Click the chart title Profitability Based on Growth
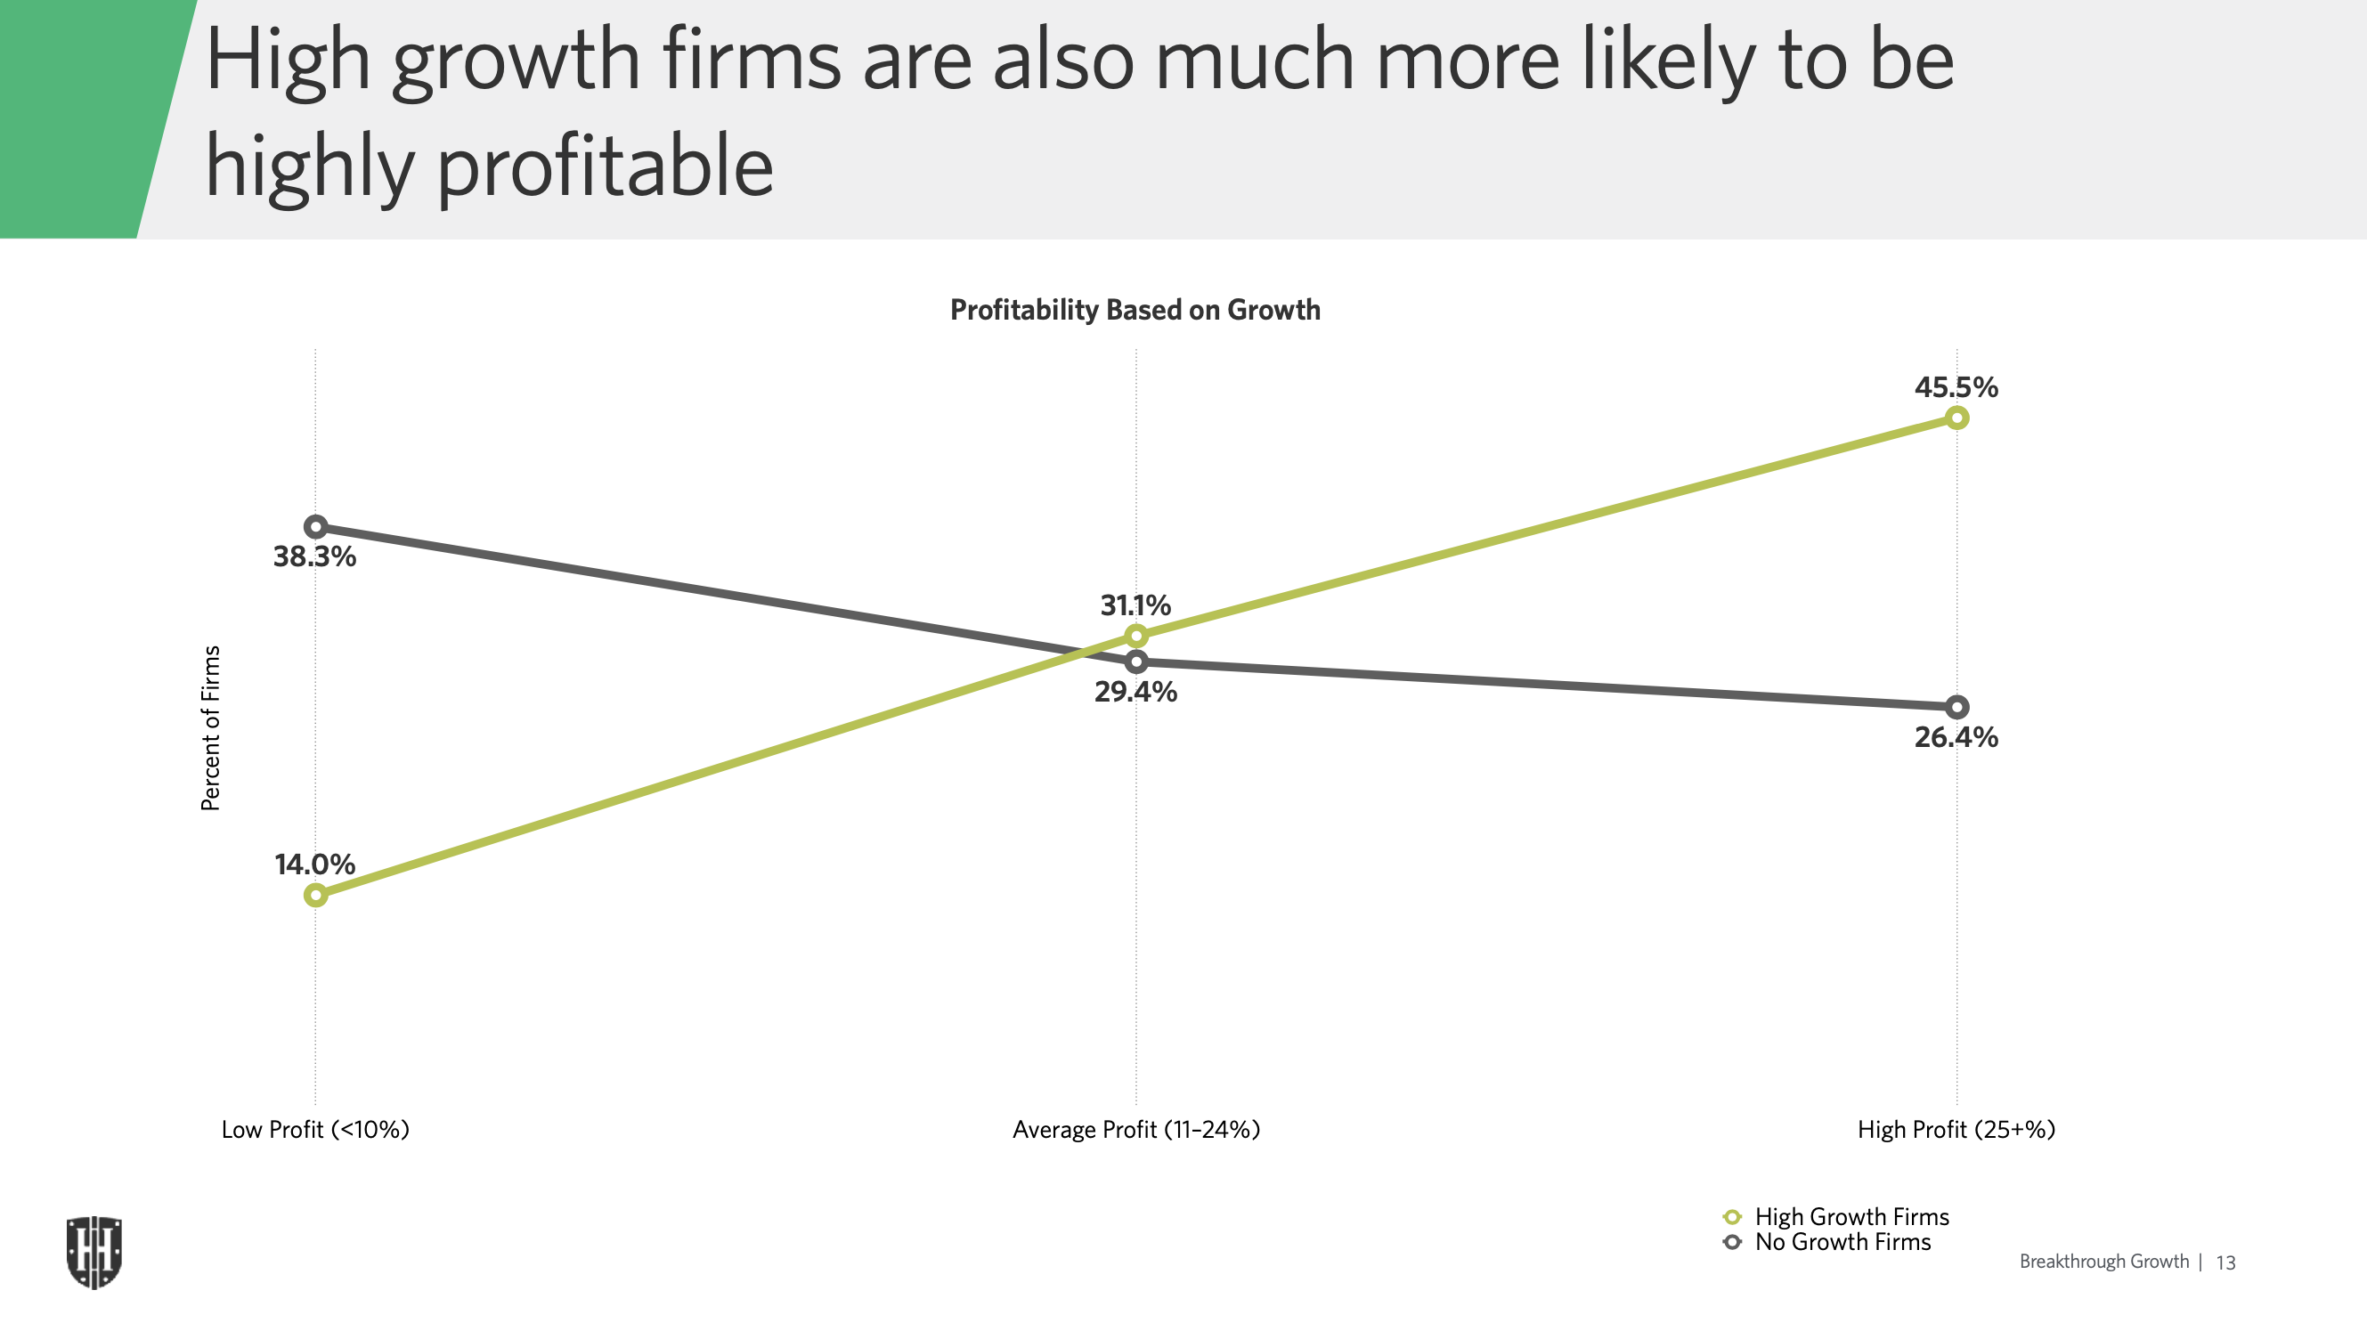1135,310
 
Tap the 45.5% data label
1956,386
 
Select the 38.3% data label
314,556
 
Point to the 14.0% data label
314,864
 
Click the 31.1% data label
1135,605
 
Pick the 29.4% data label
1135,692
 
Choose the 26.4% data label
1956,737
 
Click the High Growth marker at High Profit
1957,418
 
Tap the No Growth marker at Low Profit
315,527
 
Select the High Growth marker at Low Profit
315,895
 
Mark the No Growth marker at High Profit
1957,708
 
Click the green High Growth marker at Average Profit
1136,636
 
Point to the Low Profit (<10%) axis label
315,1129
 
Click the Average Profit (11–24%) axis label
1135,1129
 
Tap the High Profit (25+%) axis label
1956,1129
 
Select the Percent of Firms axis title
210,727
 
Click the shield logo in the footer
94,1253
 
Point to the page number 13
2225,1262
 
